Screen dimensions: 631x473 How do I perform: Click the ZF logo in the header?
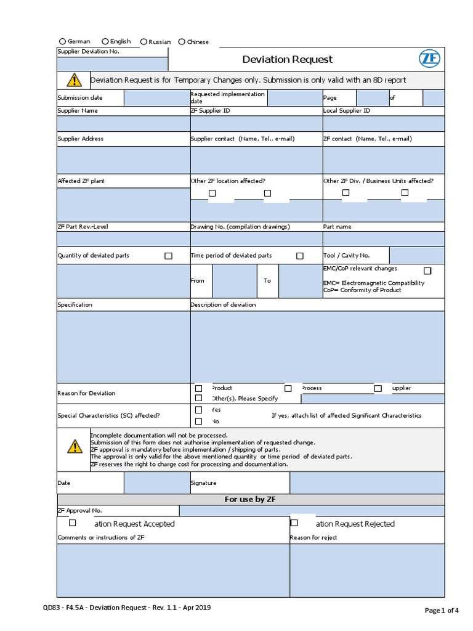point(429,59)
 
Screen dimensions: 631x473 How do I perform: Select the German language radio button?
point(62,41)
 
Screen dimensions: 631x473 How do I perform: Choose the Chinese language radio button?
point(182,42)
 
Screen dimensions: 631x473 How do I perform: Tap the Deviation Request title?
point(287,59)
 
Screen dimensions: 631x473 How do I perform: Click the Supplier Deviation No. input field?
point(112,64)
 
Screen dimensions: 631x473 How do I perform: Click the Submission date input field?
point(157,98)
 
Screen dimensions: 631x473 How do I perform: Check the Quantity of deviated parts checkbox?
point(168,256)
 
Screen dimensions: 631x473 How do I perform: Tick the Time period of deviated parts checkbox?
point(300,256)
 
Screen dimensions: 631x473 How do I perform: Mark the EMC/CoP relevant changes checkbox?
point(427,271)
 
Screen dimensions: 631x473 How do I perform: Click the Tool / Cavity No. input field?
point(416,255)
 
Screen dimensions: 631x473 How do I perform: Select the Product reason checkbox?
point(199,388)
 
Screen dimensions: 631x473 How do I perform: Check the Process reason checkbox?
point(288,388)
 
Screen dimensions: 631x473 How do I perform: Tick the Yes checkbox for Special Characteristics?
point(199,410)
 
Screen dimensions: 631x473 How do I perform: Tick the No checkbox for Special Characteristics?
point(199,421)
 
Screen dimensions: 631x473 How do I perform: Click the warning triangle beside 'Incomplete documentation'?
point(74,447)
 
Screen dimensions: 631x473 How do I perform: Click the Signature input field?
point(366,483)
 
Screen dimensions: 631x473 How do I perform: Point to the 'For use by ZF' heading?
point(250,499)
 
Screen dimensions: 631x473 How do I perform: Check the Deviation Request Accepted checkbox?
point(72,523)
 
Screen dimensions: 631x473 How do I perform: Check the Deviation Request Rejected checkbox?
point(294,523)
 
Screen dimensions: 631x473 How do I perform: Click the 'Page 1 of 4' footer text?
point(442,610)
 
